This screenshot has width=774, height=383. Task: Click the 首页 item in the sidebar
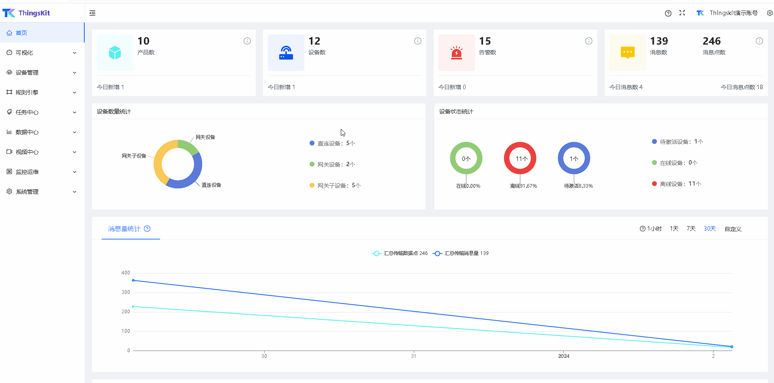tap(21, 33)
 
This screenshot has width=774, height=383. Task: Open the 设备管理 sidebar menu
tap(27, 73)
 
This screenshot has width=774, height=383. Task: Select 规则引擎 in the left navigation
tap(27, 92)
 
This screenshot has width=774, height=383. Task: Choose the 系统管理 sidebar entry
tap(27, 192)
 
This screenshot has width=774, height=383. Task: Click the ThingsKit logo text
tap(34, 13)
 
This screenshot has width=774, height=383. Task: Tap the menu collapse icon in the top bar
tap(92, 13)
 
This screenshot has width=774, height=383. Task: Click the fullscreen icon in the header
tap(682, 13)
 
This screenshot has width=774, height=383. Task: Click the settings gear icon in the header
tap(770, 13)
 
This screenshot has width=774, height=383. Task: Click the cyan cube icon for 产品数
tap(115, 53)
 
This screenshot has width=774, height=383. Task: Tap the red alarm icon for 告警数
tap(457, 53)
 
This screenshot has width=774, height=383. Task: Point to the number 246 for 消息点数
tap(712, 41)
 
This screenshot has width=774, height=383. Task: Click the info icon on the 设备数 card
tap(418, 41)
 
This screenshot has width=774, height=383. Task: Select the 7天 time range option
tap(691, 229)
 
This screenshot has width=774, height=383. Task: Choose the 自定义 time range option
tap(733, 229)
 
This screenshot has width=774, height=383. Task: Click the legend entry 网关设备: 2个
tap(332, 164)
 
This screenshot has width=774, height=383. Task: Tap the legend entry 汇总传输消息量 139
tap(461, 253)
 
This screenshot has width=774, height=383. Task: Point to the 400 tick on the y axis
tap(126, 273)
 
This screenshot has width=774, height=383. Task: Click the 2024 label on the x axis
tap(564, 356)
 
